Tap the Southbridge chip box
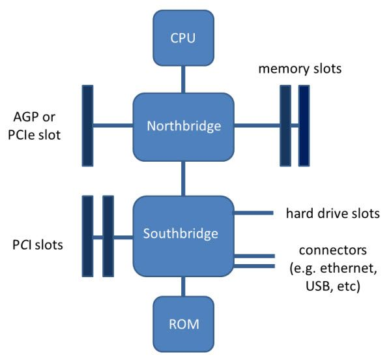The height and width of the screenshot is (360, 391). click(183, 232)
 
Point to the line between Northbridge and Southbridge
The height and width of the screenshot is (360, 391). click(183, 177)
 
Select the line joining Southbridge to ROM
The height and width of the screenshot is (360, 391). click(183, 285)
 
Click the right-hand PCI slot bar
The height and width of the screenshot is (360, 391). click(108, 237)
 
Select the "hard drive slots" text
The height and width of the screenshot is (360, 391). click(332, 213)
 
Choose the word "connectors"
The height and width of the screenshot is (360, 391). click(327, 250)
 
